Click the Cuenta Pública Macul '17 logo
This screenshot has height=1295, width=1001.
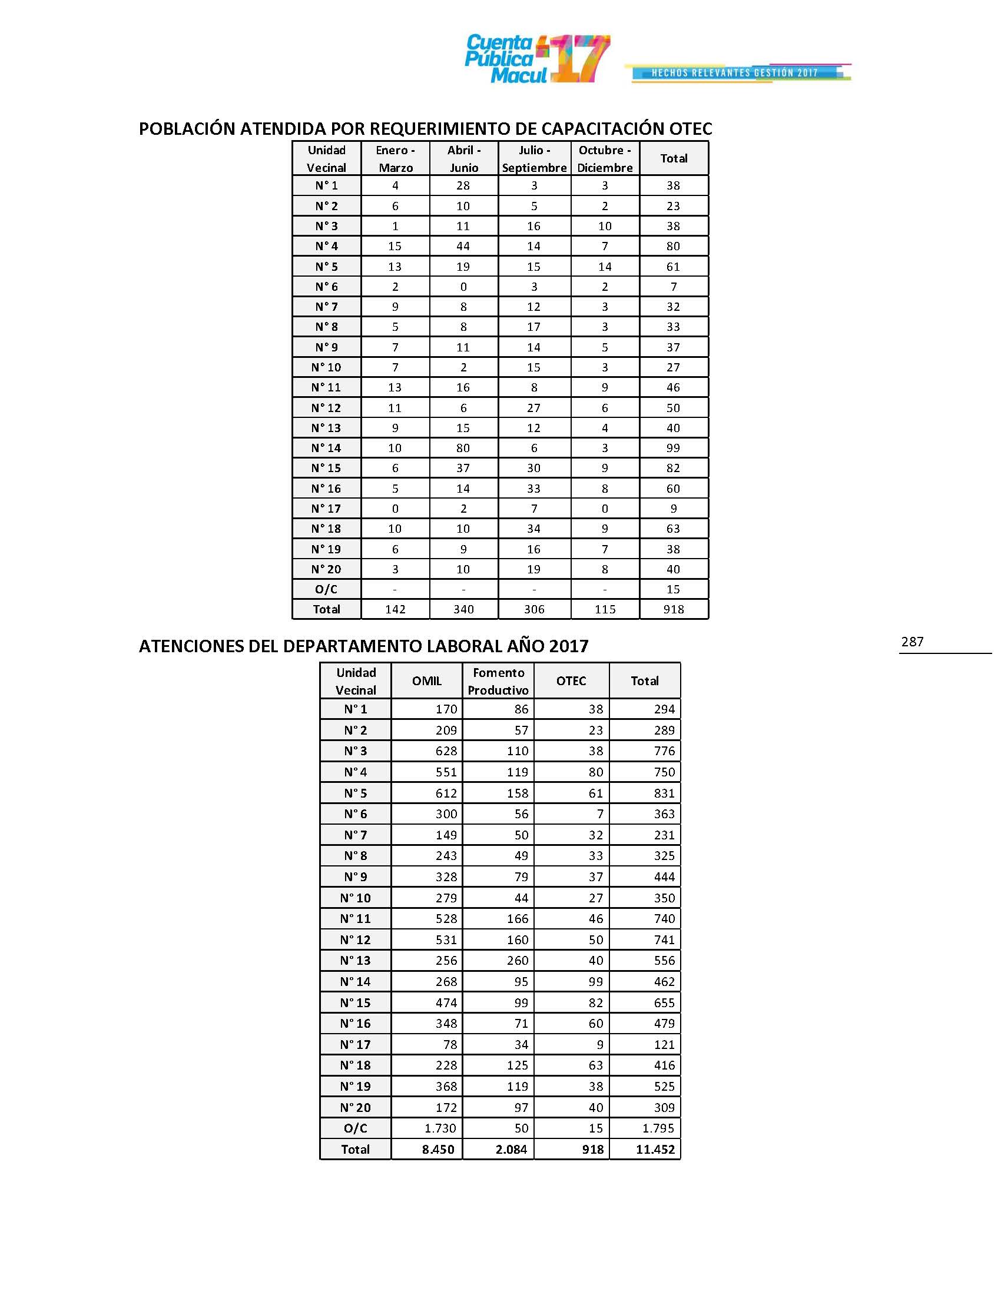pyautogui.click(x=536, y=59)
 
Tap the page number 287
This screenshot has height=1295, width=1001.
pyautogui.click(x=912, y=642)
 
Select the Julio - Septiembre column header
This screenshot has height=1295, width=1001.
pyautogui.click(x=534, y=158)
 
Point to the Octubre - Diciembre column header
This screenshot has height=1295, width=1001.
pyautogui.click(x=605, y=158)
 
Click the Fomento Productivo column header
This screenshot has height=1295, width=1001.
pyautogui.click(x=498, y=680)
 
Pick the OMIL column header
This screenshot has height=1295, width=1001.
pyautogui.click(x=427, y=680)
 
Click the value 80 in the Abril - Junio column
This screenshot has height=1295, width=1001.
pyautogui.click(x=463, y=448)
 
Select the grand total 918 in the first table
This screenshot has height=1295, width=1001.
pyautogui.click(x=674, y=609)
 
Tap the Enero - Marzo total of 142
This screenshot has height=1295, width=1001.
pyautogui.click(x=395, y=609)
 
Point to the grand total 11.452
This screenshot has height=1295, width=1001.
pyautogui.click(x=655, y=1149)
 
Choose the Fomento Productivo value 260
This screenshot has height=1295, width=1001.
pyautogui.click(x=518, y=961)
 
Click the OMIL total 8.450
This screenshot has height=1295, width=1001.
pyautogui.click(x=438, y=1149)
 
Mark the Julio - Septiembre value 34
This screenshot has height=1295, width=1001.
pyautogui.click(x=533, y=529)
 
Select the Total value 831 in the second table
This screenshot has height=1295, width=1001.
pyautogui.click(x=664, y=793)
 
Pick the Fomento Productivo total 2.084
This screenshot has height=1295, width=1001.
pyautogui.click(x=511, y=1149)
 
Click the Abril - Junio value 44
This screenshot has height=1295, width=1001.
pyautogui.click(x=463, y=246)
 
